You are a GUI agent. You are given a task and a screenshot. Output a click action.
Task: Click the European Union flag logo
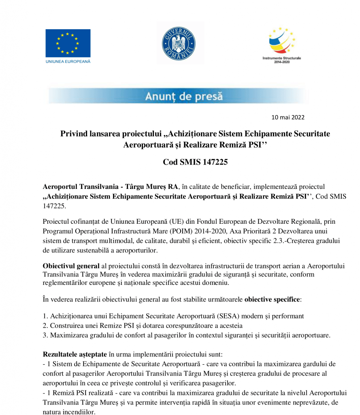point(68,43)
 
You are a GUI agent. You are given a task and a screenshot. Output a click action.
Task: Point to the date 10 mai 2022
point(288,118)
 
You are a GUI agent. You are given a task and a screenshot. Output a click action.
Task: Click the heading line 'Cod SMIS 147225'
point(196,163)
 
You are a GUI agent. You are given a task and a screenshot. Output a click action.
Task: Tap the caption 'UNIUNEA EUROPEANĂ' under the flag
point(68,62)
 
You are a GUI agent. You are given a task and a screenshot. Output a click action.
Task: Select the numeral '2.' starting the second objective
point(45,325)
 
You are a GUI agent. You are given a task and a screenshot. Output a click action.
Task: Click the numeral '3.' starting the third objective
point(45,335)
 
